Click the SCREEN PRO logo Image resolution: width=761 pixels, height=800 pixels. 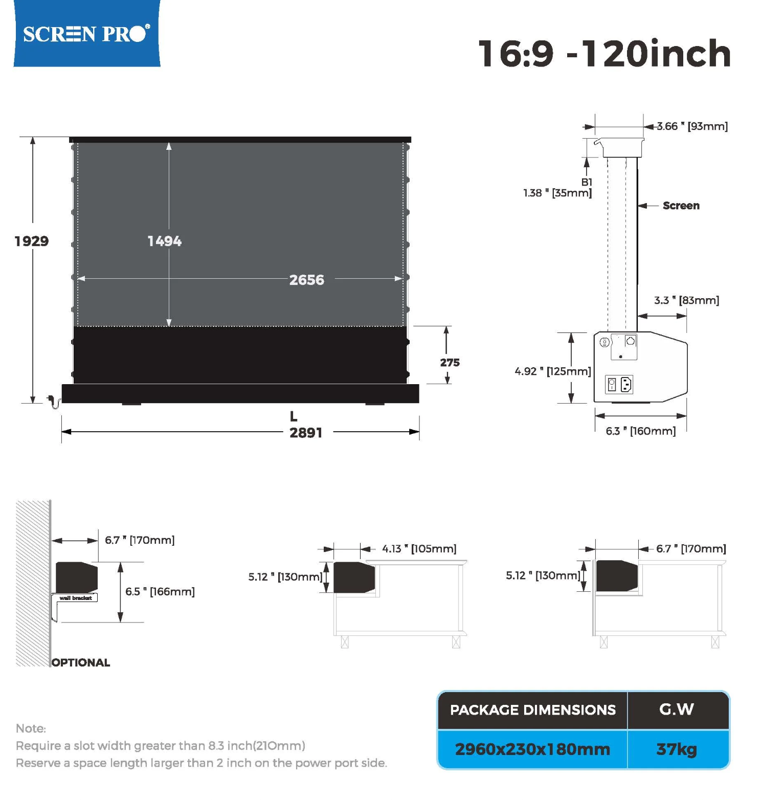pos(86,34)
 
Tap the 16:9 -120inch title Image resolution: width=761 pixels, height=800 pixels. pos(605,53)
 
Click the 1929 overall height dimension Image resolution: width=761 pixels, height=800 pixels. pos(32,241)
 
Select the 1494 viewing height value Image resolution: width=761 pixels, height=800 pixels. pos(164,241)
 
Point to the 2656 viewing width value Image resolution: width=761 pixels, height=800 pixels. pos(307,280)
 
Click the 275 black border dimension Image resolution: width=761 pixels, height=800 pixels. pos(450,362)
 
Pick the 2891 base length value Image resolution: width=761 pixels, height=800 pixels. pos(306,433)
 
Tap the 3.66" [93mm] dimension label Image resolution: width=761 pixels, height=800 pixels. pos(692,126)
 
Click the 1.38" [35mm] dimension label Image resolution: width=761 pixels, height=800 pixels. pos(557,193)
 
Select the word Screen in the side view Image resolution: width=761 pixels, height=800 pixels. pos(681,206)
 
